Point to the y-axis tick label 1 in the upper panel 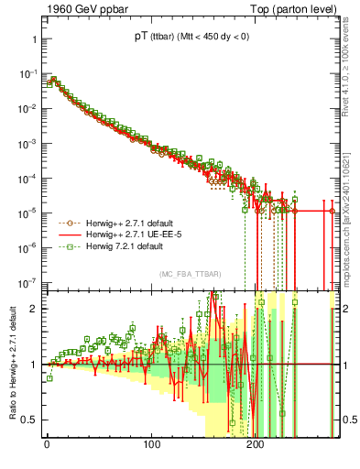(x=33, y=40)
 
